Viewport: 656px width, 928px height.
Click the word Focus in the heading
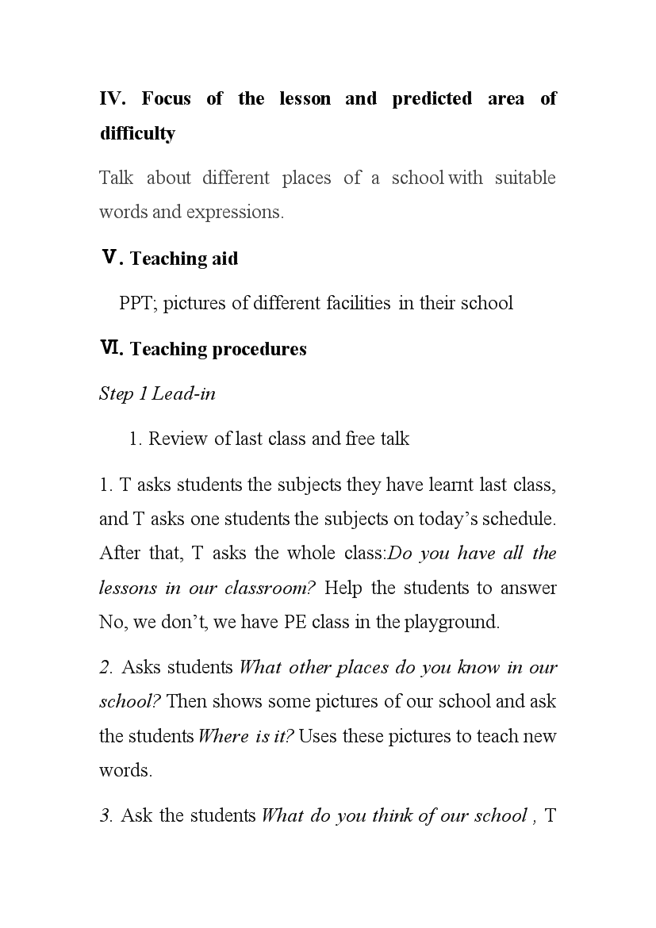coord(165,99)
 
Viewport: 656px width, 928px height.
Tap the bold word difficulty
coord(137,133)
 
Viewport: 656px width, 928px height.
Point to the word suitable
coord(524,178)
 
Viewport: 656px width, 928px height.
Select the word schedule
coord(518,519)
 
